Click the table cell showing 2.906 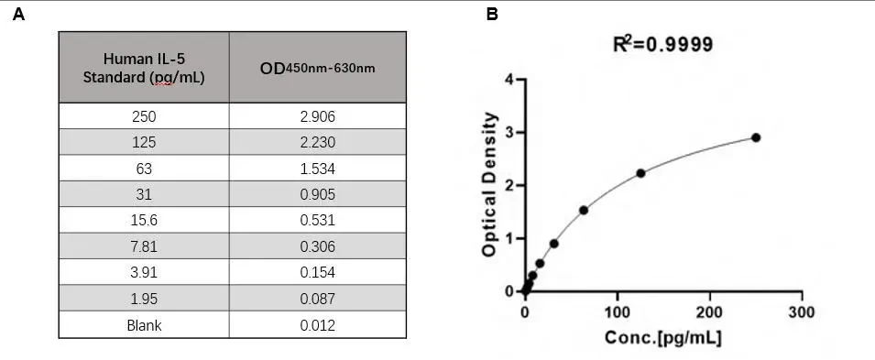pos(318,116)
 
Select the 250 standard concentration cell pos(144,116)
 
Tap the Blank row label pos(144,325)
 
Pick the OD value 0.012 pos(318,325)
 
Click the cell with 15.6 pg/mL pos(144,220)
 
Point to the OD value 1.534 pos(318,168)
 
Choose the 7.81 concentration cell pos(144,246)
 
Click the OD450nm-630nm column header pos(318,68)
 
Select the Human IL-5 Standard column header pos(144,68)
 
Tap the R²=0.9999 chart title pos(662,44)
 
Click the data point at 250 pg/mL pos(756,137)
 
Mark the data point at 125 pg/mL pos(640,173)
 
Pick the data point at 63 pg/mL pos(583,210)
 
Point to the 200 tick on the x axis pos(710,295)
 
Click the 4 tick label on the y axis pos(509,80)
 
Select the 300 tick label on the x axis pos(802,311)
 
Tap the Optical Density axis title pos(489,184)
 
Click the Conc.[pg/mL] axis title pos(662,338)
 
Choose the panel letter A pos(18,14)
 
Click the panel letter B pos(492,14)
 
